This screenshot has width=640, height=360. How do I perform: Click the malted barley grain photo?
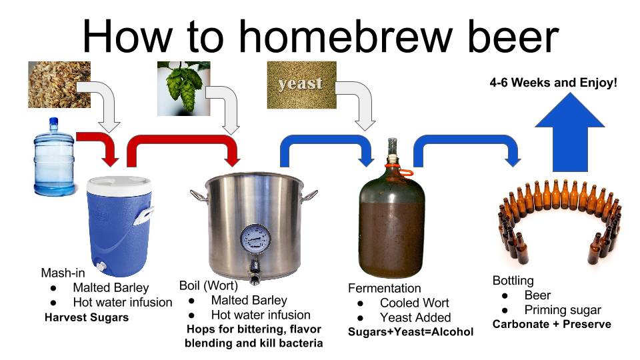pos(59,84)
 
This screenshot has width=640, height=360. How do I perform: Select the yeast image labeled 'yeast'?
pos(301,85)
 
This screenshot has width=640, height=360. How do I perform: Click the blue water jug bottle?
pos(55,157)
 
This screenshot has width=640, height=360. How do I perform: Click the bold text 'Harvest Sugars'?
pos(86,317)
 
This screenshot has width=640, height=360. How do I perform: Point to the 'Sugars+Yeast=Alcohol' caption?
pos(411,332)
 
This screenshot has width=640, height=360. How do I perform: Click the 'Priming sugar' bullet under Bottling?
pos(562,309)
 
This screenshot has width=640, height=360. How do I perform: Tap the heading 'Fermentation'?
pos(385,288)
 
